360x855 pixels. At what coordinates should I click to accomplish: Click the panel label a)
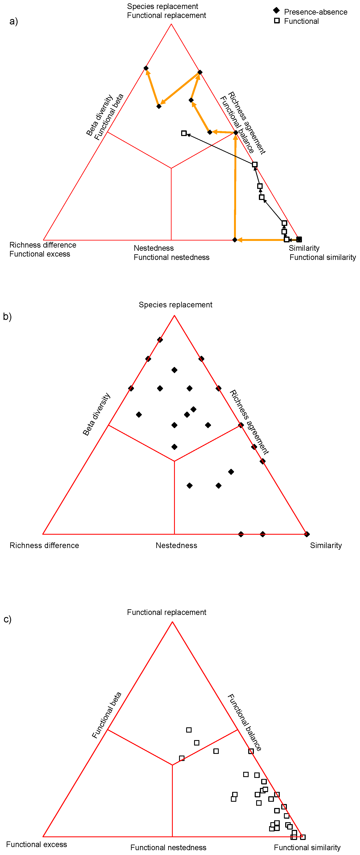point(14,22)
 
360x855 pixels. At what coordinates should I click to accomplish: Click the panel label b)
point(7,317)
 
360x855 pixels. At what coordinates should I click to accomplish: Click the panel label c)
point(7,619)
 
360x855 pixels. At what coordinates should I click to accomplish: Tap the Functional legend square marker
point(277,21)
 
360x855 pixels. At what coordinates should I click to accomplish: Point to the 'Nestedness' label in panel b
point(176,545)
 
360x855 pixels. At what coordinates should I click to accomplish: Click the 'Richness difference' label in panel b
point(44,545)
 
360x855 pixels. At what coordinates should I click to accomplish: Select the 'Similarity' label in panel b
point(326,545)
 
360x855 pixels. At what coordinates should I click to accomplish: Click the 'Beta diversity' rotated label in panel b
point(96,414)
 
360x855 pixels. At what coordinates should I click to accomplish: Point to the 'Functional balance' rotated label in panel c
point(244,722)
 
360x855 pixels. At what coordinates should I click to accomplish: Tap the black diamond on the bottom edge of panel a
point(235,240)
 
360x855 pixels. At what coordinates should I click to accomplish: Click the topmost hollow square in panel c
point(189,730)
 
